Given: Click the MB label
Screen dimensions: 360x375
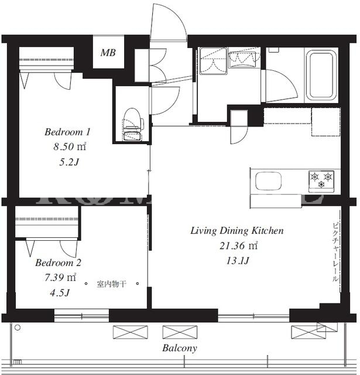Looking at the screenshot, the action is click(108, 53).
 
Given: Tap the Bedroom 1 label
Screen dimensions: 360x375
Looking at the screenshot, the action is click(67, 132).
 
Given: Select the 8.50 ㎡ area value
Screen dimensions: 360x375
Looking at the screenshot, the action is click(70, 146).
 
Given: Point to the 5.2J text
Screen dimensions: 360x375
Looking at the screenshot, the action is click(69, 162).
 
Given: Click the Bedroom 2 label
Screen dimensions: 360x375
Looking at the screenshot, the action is click(59, 262).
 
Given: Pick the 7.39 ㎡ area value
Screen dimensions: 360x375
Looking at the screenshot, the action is click(60, 277).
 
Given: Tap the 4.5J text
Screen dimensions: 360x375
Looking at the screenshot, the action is click(60, 292).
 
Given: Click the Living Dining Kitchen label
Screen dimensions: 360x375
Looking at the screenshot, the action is click(237, 230).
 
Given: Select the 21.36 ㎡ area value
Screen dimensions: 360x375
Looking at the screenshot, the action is click(239, 246).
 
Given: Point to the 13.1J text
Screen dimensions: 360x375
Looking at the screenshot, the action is click(238, 260).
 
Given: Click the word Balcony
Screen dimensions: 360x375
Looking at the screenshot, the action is click(180, 348).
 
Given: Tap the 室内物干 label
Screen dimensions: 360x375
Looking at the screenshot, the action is click(111, 284).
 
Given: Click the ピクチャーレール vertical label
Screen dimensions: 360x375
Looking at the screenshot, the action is click(335, 253).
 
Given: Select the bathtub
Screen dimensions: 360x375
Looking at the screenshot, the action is click(321, 75).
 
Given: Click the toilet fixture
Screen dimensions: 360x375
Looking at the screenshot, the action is click(132, 124).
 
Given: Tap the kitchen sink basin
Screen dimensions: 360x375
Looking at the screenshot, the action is click(269, 181).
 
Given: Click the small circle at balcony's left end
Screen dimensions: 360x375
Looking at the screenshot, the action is click(18, 328).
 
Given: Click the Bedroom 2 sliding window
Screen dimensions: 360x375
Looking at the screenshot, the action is click(81, 316).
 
